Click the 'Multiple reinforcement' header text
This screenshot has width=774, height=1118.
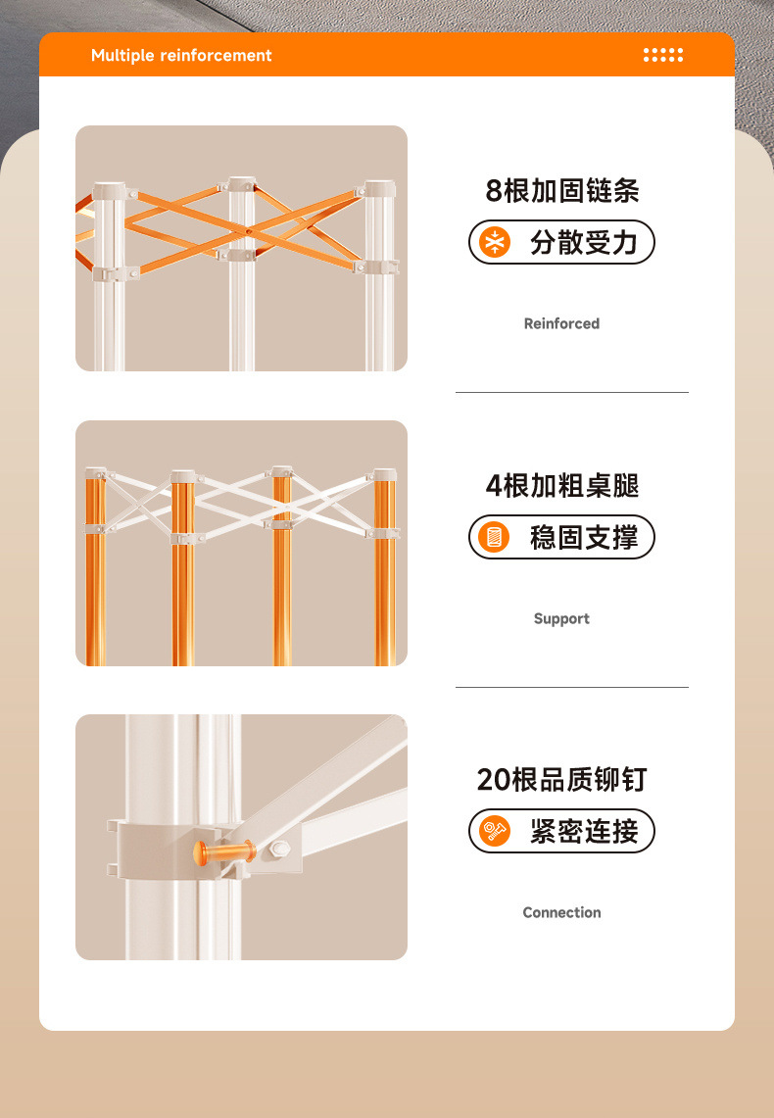coord(181,56)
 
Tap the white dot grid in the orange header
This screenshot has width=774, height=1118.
coord(663,55)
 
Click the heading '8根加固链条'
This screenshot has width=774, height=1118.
coord(561,190)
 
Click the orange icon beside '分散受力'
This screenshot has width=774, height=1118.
coord(496,243)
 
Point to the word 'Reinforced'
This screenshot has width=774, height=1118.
coord(561,323)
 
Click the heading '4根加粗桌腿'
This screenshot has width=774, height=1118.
coord(561,485)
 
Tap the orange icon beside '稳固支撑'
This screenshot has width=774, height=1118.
coord(496,538)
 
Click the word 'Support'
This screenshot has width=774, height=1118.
coord(561,618)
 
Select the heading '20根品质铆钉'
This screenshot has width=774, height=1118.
coord(561,780)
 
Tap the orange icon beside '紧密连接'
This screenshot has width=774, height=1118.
coord(496,832)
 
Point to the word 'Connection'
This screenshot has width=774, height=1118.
coord(561,912)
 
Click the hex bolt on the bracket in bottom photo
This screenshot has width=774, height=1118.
coord(281,849)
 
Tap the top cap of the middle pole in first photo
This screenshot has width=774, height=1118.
coord(241,184)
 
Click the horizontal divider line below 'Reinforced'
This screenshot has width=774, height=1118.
coord(571,392)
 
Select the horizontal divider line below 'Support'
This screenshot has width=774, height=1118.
coord(571,687)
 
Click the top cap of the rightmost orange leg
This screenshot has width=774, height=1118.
coord(384,475)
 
